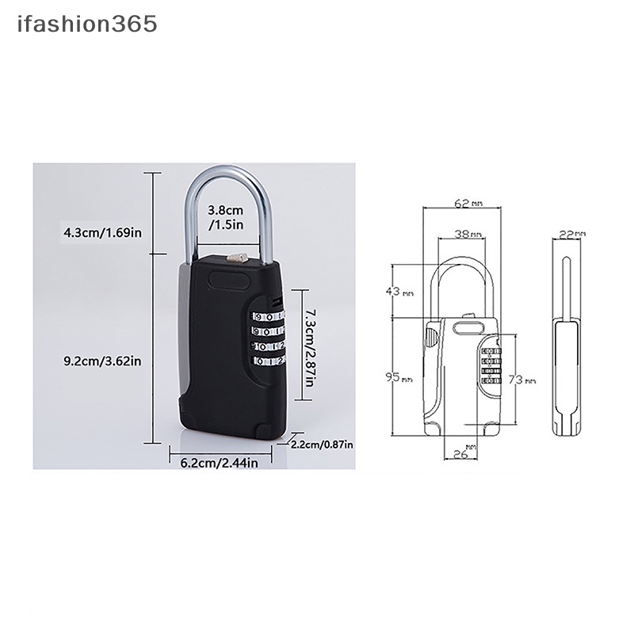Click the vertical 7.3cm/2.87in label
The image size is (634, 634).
311,344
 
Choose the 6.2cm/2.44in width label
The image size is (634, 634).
213,463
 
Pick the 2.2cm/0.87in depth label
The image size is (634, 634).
323,445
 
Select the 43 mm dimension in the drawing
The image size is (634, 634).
399,292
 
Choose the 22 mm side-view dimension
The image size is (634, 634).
571,235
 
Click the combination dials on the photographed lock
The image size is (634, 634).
268,338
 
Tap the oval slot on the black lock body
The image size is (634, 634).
231,280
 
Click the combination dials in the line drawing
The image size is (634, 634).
491,365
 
